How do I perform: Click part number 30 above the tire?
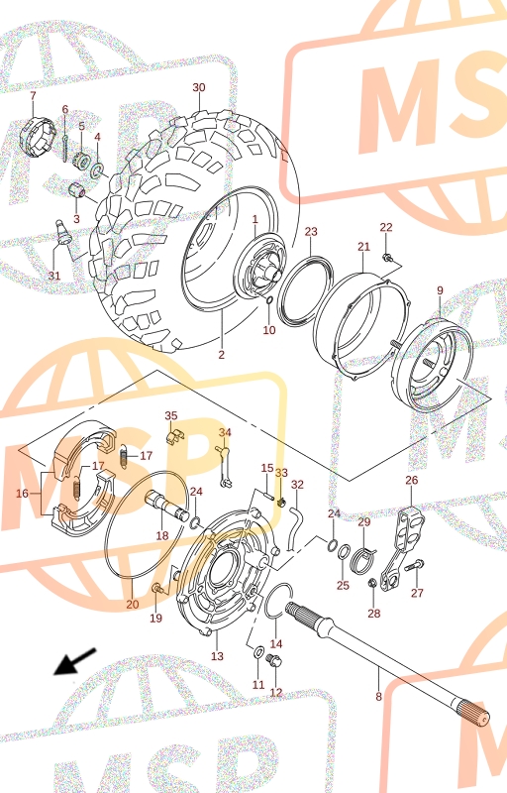click(199, 87)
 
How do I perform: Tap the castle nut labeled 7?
click(37, 135)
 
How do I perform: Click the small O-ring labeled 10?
click(269, 301)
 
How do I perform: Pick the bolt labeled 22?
click(388, 258)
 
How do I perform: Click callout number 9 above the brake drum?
click(440, 290)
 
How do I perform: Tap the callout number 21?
click(364, 247)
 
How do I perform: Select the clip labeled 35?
click(175, 435)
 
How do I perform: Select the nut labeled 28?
click(372, 583)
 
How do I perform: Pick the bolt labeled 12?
click(274, 660)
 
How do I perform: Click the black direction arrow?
click(74, 661)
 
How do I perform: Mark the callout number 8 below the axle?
click(378, 697)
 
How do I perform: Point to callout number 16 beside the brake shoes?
click(22, 493)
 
